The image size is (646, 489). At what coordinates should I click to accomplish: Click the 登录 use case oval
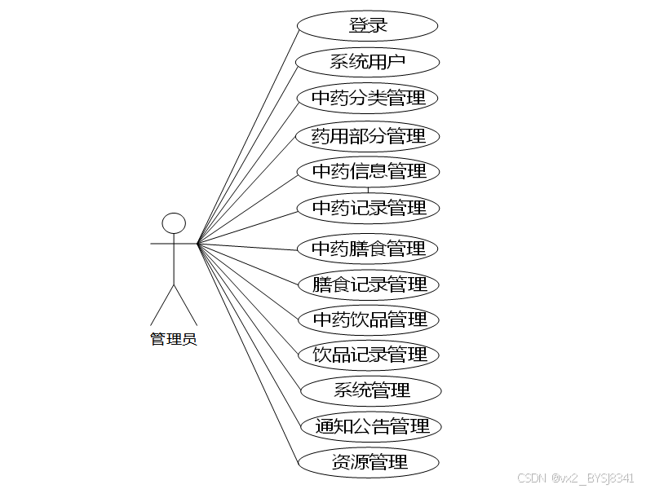(x=369, y=25)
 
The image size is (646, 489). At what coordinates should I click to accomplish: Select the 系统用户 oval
(x=369, y=62)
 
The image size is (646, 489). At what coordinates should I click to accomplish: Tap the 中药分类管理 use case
(x=369, y=99)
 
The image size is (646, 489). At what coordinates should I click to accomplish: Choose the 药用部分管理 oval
(x=369, y=135)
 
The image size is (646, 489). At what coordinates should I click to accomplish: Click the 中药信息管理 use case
(x=369, y=171)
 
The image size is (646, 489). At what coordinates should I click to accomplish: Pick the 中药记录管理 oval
(x=369, y=208)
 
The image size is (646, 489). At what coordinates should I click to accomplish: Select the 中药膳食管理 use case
(x=369, y=248)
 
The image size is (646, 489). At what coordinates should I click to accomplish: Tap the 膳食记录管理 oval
(x=369, y=284)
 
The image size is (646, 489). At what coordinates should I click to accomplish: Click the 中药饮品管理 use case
(x=369, y=319)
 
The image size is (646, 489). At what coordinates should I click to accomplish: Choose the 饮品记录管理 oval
(x=369, y=355)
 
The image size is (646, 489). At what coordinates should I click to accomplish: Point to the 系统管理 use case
(x=371, y=390)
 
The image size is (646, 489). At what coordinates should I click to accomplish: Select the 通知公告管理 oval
(x=371, y=426)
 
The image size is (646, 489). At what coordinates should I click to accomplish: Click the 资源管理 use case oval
(x=369, y=462)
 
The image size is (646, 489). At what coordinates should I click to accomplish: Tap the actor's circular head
(x=174, y=223)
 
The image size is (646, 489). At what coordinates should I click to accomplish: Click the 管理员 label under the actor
(x=174, y=339)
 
